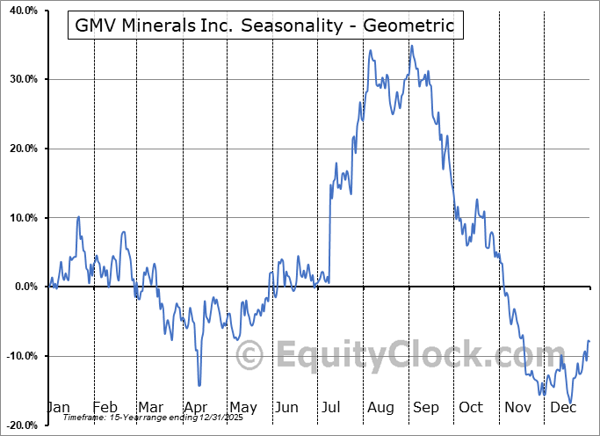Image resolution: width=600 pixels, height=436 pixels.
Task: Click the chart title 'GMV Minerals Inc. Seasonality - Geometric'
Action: click(x=265, y=25)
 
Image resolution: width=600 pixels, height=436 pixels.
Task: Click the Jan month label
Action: click(x=57, y=407)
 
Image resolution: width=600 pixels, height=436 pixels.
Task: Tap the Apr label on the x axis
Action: click(x=196, y=407)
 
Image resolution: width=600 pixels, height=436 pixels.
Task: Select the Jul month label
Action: click(x=333, y=407)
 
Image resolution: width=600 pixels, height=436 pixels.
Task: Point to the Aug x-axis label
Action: click(x=380, y=407)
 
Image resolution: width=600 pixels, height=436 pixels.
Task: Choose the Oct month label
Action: click(x=472, y=407)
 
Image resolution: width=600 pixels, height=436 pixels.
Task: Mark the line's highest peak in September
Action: click(x=411, y=46)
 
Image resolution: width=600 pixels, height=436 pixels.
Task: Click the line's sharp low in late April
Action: click(x=199, y=385)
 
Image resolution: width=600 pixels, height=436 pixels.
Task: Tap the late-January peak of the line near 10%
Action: click(x=79, y=216)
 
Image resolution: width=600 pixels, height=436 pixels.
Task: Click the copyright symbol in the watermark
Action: click(x=250, y=356)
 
